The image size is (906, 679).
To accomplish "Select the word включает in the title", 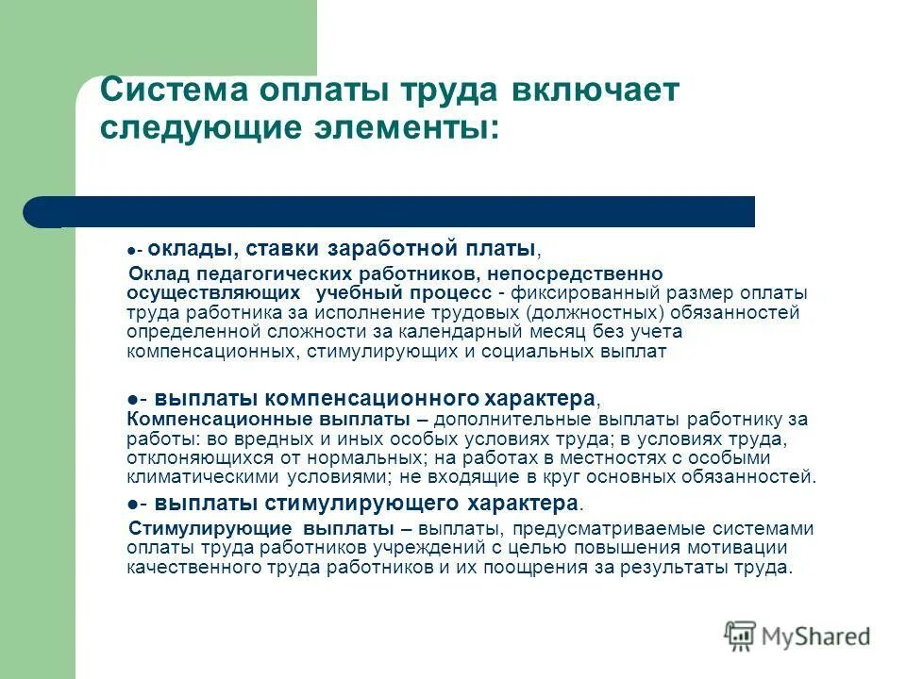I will (x=596, y=92).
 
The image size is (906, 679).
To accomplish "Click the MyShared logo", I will (x=797, y=636).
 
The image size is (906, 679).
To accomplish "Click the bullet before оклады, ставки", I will (x=131, y=251).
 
